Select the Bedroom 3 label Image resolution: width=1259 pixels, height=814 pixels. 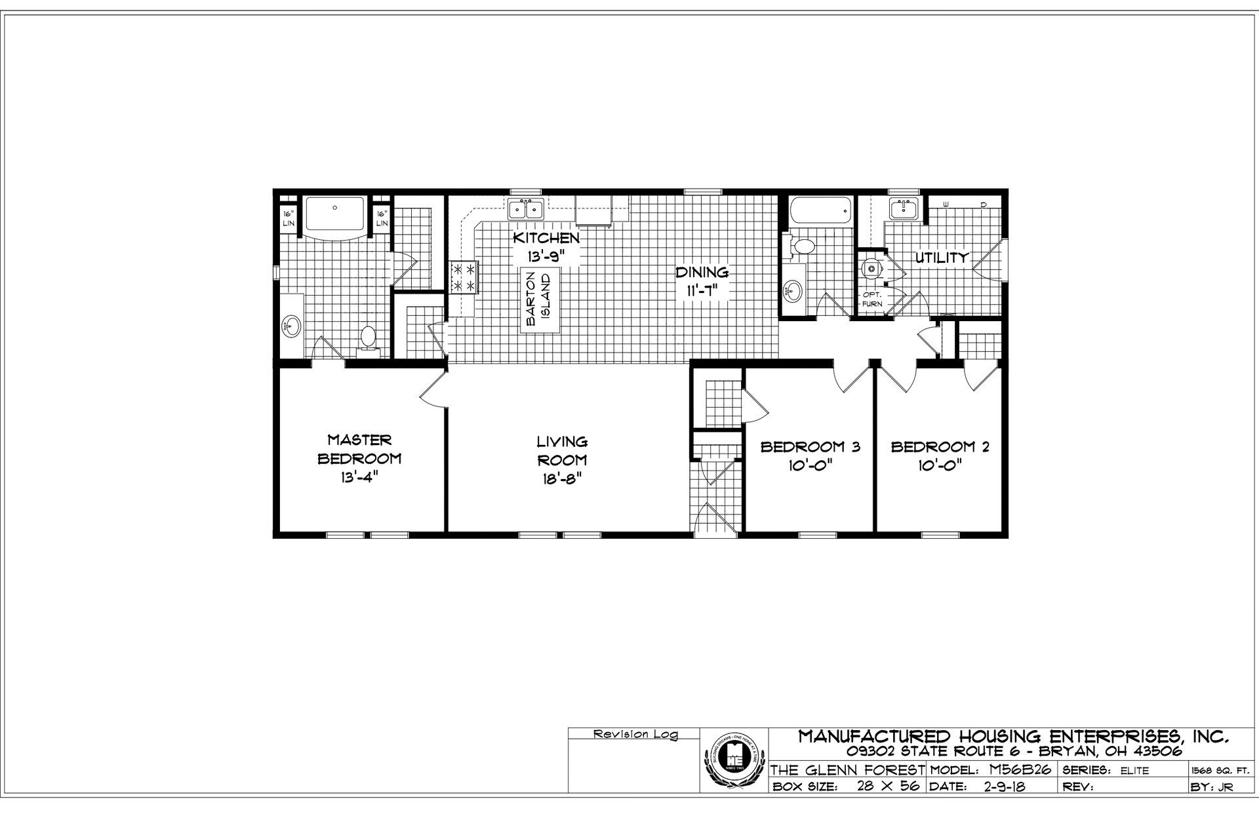click(x=810, y=447)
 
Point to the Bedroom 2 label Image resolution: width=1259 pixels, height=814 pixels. click(x=940, y=447)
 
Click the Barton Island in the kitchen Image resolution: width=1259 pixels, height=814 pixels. click(x=541, y=300)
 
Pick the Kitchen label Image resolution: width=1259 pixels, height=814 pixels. click(x=546, y=237)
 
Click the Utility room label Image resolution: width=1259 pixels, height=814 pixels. click(x=942, y=258)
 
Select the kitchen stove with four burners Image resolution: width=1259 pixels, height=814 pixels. click(x=464, y=277)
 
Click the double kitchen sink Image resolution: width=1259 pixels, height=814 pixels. click(x=526, y=210)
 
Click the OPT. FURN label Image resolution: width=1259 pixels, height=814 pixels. click(x=872, y=299)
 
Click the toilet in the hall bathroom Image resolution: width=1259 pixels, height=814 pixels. click(x=804, y=246)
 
